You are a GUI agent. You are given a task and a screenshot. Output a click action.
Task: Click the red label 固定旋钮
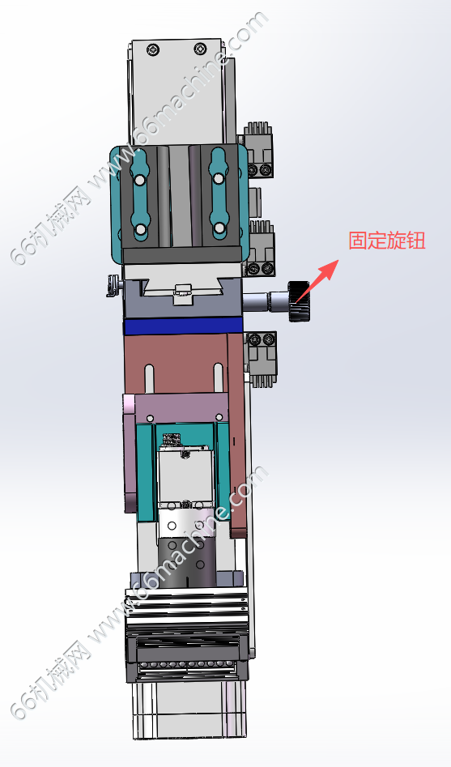(386, 241)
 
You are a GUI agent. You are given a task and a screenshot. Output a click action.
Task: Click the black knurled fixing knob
(299, 301)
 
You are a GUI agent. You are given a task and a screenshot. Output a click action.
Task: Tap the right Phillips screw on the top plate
(200, 49)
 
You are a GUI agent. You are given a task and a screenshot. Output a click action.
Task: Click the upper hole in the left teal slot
(140, 181)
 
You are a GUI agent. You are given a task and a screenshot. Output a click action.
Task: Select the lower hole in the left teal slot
(140, 228)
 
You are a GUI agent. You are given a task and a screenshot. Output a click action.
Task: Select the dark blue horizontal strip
(183, 326)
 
